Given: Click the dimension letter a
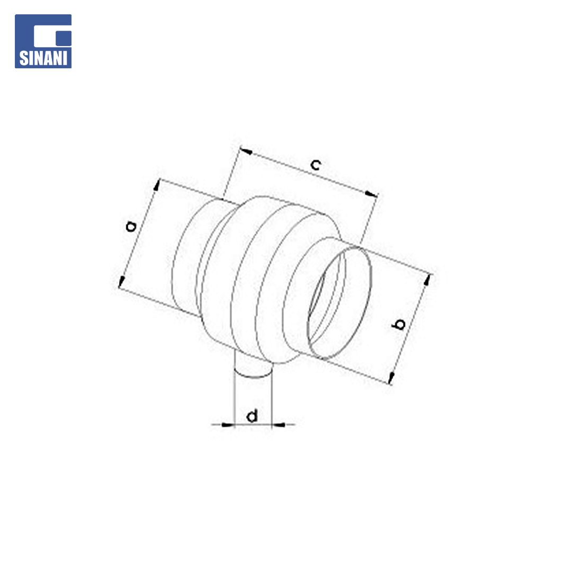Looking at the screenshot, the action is coord(131,226).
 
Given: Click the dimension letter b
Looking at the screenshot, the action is coord(399,324).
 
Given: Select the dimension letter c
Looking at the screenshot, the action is coord(316,165).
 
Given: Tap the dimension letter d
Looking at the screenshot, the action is coord(252,416).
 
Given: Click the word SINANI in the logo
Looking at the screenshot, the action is coord(43,58).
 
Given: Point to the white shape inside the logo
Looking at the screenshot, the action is coord(52,36).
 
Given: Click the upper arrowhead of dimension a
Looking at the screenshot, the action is coord(157,185).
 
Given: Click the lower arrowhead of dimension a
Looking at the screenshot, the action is coord(121,282).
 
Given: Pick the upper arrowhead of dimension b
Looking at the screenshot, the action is coord(426,280).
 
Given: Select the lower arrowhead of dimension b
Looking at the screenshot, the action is coord(391,378).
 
